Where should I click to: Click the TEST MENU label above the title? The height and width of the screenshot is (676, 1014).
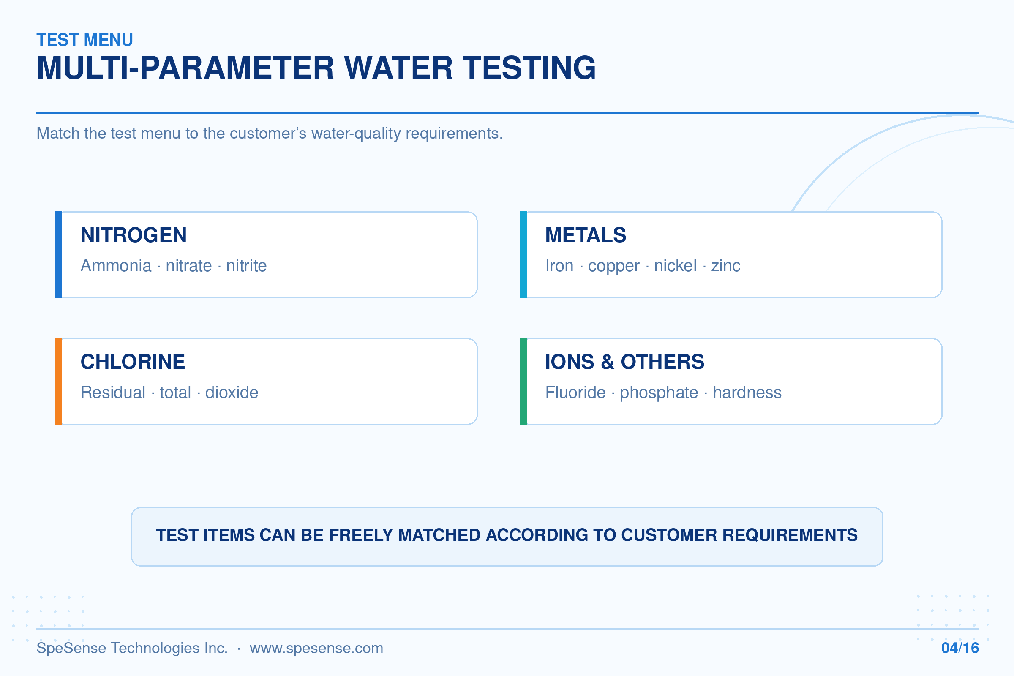[85, 40]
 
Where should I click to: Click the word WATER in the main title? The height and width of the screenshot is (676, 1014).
[398, 68]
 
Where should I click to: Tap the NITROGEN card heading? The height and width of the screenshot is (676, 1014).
[134, 235]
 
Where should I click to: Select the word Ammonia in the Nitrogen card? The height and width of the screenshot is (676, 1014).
[116, 266]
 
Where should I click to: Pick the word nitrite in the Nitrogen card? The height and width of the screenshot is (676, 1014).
[247, 266]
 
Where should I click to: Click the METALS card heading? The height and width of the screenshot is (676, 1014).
[586, 235]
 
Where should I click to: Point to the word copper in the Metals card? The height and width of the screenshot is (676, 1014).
[613, 267]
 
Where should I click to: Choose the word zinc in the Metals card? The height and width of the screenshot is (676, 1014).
[725, 266]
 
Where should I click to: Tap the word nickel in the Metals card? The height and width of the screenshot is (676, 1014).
[675, 266]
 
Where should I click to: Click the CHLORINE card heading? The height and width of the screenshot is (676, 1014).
[133, 362]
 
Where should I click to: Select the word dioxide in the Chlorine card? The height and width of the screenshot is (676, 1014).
[232, 393]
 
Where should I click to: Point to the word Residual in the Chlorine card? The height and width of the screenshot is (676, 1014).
[113, 393]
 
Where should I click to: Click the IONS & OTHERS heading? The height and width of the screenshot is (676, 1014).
[625, 362]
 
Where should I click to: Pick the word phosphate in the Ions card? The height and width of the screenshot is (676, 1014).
[659, 393]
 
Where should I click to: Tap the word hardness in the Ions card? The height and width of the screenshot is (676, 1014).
[747, 393]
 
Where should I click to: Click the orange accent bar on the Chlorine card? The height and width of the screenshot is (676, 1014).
[59, 382]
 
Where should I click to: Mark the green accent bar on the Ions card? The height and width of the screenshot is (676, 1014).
[523, 382]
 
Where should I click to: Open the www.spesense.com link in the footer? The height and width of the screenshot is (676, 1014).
[316, 649]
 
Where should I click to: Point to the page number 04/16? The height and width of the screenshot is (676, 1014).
[960, 648]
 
